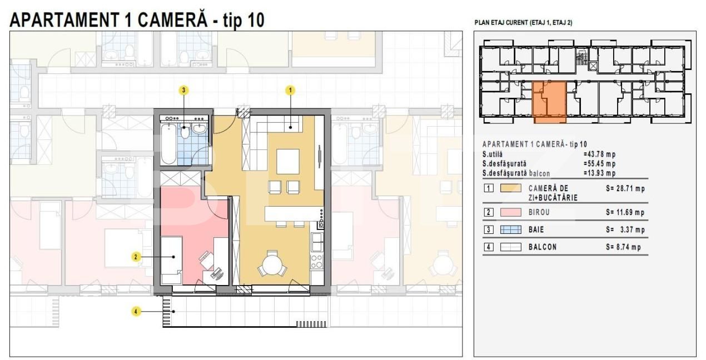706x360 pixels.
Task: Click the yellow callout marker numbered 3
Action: (184, 91)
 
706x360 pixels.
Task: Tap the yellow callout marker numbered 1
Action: (290, 91)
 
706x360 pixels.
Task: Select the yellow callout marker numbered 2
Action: (136, 257)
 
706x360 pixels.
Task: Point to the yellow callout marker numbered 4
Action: (136, 312)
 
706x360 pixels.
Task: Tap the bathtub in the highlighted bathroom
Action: (168, 144)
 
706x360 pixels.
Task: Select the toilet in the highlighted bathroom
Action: (185, 132)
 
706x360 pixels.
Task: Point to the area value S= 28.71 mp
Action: (625, 189)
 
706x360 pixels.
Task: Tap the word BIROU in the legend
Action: (539, 212)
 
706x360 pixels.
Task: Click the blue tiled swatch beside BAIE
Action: (510, 229)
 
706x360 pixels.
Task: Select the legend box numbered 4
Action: (489, 247)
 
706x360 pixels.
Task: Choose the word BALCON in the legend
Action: (543, 247)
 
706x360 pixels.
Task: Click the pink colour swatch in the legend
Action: (510, 212)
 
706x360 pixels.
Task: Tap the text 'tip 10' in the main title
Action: (243, 21)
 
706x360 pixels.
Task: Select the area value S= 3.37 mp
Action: (625, 229)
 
